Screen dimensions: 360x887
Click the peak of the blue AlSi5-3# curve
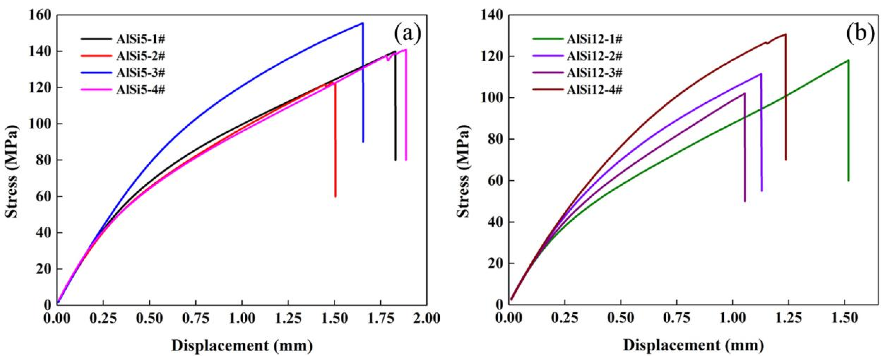[x=362, y=23]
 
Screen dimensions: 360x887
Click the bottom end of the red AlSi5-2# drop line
[x=335, y=196]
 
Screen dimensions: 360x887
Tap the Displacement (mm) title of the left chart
[x=242, y=345]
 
